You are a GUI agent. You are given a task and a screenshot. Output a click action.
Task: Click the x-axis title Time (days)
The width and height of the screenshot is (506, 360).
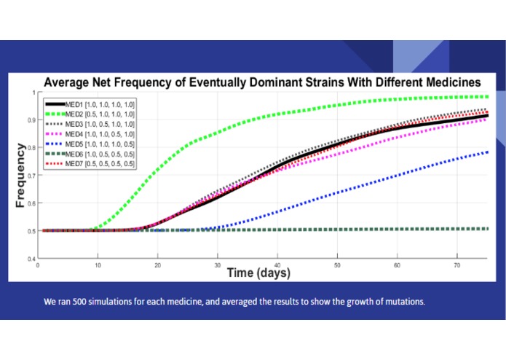258,273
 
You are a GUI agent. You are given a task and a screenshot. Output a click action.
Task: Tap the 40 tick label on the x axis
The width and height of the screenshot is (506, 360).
277,265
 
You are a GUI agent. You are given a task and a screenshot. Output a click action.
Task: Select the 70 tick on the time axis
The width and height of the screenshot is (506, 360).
456,265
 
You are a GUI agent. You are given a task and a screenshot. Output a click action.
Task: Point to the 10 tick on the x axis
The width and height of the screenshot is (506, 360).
98,265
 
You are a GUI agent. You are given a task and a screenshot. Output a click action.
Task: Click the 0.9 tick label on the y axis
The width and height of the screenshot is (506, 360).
31,120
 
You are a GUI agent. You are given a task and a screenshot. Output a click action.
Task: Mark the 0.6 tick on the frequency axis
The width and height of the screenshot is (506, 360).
31,203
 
